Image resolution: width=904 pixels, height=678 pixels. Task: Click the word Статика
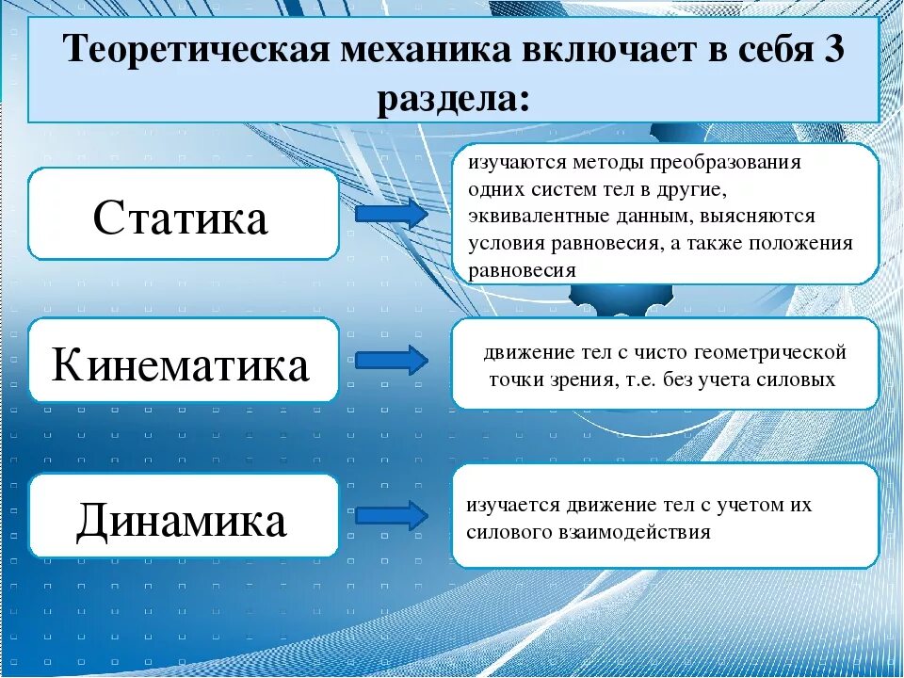tap(181, 218)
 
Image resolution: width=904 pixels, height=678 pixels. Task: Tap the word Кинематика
tap(181, 365)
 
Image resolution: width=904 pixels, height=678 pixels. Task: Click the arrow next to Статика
tap(391, 214)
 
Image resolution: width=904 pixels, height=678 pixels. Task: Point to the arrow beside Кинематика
tap(391, 361)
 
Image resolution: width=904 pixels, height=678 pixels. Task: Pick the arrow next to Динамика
tap(391, 515)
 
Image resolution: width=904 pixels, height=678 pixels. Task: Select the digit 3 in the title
tap(833, 50)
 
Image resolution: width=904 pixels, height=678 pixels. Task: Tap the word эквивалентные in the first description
tap(532, 216)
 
